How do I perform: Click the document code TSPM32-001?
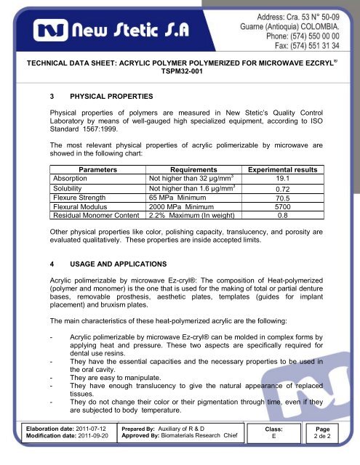[x=180, y=83]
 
